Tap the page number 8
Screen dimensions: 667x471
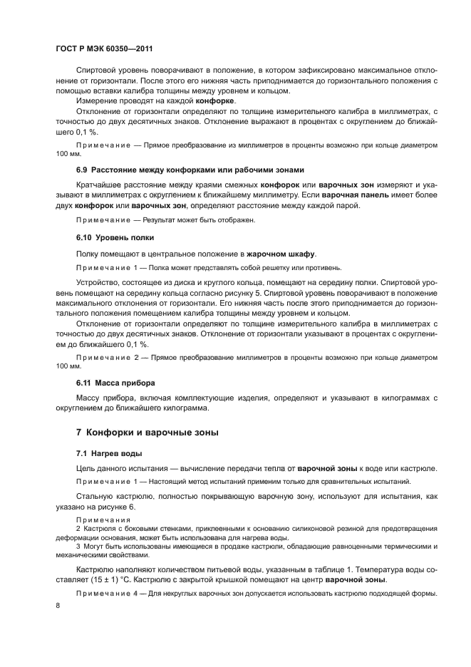point(56,605)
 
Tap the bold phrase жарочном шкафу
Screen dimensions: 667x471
point(281,253)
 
